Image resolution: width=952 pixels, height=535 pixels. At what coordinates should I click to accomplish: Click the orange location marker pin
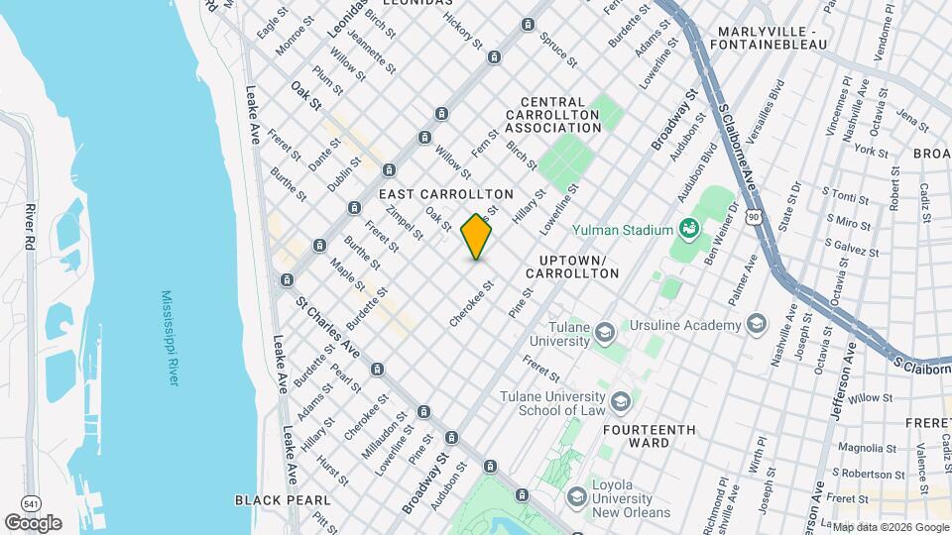point(477,237)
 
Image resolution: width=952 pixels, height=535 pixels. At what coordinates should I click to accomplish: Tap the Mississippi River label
point(169,338)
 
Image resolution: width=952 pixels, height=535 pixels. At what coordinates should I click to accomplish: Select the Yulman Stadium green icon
point(689,230)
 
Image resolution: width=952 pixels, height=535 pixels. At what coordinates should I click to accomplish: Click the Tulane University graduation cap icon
point(605,332)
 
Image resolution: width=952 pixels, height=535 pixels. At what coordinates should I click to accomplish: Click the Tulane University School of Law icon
point(621,400)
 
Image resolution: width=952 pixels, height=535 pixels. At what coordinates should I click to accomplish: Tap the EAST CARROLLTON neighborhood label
point(446,194)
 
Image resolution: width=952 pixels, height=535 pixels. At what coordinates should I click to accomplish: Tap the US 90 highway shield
point(756,216)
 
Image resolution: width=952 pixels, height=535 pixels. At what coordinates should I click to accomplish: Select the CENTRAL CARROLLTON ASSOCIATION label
point(560,115)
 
